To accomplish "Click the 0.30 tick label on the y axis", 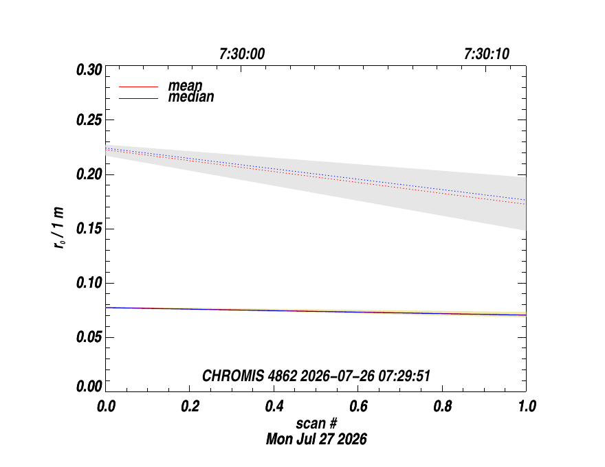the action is pyautogui.click(x=89, y=70).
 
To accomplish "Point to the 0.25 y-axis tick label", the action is pyautogui.click(x=89, y=120).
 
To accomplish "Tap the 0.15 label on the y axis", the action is pyautogui.click(x=89, y=229).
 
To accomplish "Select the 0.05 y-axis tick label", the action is pyautogui.click(x=89, y=337).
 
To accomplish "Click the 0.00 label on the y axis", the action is pyautogui.click(x=89, y=386).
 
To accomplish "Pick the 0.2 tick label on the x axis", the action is pyautogui.click(x=190, y=406).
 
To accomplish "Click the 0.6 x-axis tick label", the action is pyautogui.click(x=358, y=406).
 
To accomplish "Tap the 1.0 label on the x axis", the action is pyautogui.click(x=527, y=406).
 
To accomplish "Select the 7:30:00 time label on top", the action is pyautogui.click(x=242, y=54).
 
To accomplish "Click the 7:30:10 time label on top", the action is pyautogui.click(x=487, y=54).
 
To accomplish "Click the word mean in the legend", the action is pyautogui.click(x=185, y=86).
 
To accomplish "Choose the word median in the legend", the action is pyautogui.click(x=191, y=97).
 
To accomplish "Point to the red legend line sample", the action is pyautogui.click(x=138, y=87).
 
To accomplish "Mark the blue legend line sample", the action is pyautogui.click(x=138, y=99).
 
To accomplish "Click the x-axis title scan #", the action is pyautogui.click(x=316, y=424).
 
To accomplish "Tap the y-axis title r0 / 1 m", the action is pyautogui.click(x=59, y=228).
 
